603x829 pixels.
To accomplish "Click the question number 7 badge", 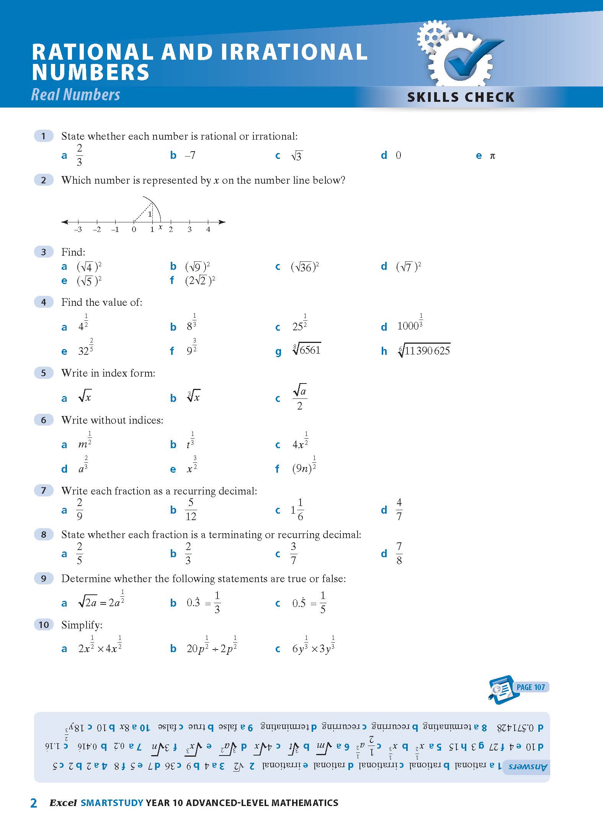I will pyautogui.click(x=44, y=490).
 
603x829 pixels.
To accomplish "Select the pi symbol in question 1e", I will pyautogui.click(x=492, y=156).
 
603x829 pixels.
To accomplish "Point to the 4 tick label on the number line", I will pyautogui.click(x=208, y=230).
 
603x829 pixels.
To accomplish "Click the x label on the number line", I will pyautogui.click(x=160, y=227).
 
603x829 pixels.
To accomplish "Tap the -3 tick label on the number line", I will pyautogui.click(x=78, y=230).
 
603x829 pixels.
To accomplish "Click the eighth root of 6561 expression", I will pyautogui.click(x=307, y=349).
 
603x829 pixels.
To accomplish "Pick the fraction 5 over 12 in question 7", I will pyautogui.click(x=191, y=510).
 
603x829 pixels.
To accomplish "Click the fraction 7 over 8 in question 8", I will pyautogui.click(x=399, y=553).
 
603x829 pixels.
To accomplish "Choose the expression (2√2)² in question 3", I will pyautogui.click(x=200, y=281).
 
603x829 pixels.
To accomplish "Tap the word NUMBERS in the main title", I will pyautogui.click(x=91, y=73).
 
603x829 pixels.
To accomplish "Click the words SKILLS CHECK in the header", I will pyautogui.click(x=461, y=97).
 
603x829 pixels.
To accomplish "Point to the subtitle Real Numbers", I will pyautogui.click(x=75, y=95).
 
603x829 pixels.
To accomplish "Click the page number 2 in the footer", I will pyautogui.click(x=34, y=803).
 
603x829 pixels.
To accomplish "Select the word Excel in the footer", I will pyautogui.click(x=63, y=803).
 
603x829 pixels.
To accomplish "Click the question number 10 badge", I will pyautogui.click(x=44, y=625).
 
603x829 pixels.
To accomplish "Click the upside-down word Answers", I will pyautogui.click(x=528, y=767).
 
